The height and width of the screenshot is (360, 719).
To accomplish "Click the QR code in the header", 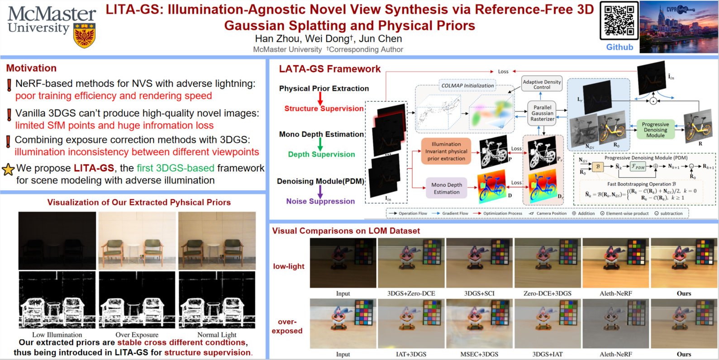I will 619,21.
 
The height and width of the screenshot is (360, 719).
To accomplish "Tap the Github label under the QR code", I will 619,47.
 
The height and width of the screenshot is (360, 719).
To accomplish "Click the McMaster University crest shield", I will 85,36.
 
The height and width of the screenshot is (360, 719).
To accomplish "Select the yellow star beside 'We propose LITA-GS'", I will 8,169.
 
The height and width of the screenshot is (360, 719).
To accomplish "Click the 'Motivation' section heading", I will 31,68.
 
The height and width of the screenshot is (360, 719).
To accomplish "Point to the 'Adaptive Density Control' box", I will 542,84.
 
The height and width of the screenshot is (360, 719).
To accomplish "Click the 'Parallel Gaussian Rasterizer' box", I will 542,114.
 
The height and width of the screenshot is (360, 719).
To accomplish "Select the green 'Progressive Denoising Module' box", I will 655,130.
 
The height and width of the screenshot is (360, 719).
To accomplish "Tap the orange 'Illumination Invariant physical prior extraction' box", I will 446,151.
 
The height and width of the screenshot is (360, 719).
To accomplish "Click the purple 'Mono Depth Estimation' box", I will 447,188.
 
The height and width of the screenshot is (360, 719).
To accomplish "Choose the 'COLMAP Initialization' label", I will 467,85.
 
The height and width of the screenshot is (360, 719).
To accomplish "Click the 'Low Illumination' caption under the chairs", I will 57,335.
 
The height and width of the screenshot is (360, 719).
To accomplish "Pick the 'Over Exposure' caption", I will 137,335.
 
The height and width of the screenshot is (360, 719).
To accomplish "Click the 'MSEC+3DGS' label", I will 479,354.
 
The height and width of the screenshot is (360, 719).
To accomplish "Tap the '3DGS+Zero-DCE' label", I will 411,294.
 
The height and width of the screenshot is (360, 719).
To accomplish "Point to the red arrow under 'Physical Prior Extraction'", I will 320,98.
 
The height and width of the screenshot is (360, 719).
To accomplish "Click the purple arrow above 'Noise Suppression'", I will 320,191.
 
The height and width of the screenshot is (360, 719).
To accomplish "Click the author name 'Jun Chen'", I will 380,39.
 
